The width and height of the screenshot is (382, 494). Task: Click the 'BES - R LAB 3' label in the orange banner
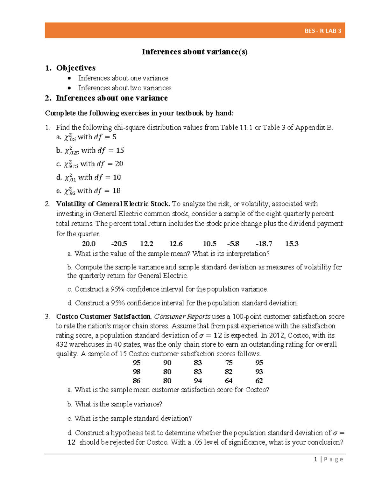point(322,31)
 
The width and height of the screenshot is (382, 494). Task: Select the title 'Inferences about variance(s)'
point(195,52)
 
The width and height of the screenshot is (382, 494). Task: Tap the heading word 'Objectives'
point(76,68)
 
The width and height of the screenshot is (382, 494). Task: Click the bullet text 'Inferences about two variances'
point(125,88)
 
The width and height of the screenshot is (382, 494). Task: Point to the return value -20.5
point(119,244)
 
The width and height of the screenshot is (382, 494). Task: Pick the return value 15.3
point(292,244)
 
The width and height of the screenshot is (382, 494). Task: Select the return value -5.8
point(233,244)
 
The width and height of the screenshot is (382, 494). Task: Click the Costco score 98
point(137,372)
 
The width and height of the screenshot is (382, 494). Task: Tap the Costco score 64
point(229,380)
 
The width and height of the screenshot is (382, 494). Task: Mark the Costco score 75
point(229,363)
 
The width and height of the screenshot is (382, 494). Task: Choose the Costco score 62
point(259,380)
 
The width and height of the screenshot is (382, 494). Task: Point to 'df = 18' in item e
point(107,191)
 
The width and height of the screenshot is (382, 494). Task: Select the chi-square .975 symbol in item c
point(71,164)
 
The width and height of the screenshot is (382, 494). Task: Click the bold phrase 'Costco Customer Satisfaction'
point(103,317)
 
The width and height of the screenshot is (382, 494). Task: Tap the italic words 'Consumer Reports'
point(182,317)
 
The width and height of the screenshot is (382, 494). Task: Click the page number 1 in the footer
point(315,459)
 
